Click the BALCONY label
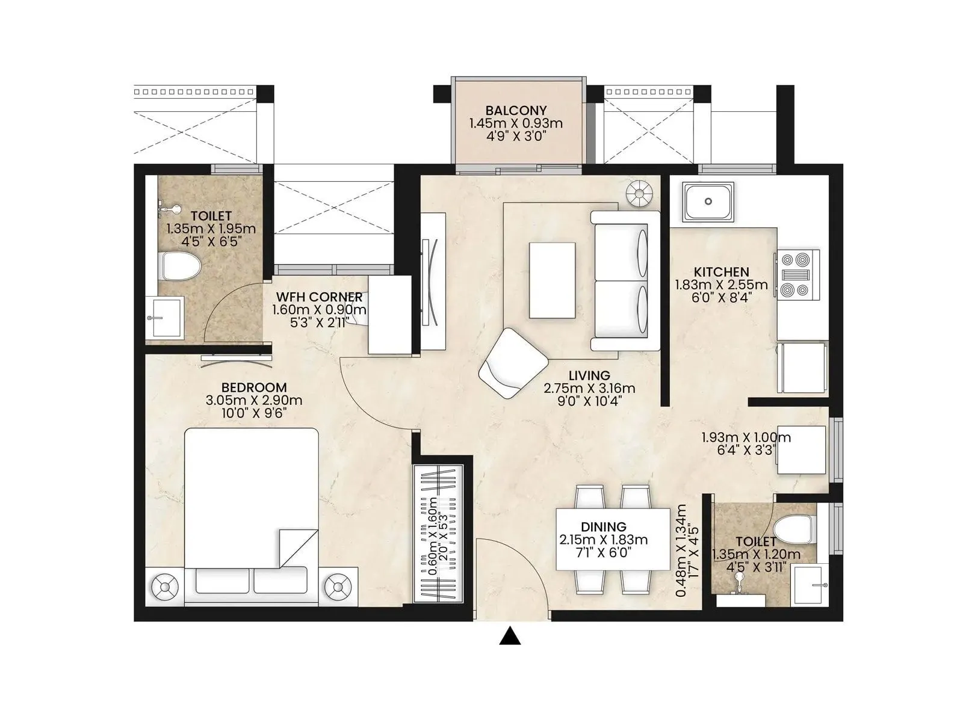[x=516, y=111]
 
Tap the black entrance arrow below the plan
[x=510, y=636]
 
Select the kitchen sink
[x=708, y=202]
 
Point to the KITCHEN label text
[x=721, y=272]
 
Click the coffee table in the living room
[x=551, y=280]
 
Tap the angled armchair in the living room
[x=513, y=363]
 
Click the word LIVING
[x=589, y=376]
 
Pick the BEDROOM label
[x=253, y=387]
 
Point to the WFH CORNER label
[x=319, y=297]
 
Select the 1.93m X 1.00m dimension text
[x=746, y=437]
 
